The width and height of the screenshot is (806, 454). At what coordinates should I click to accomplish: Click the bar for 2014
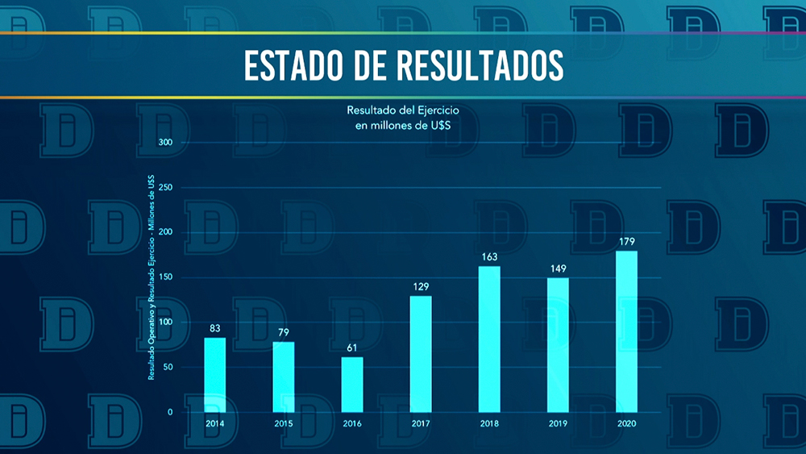point(214,374)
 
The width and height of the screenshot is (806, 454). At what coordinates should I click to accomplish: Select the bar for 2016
point(352,384)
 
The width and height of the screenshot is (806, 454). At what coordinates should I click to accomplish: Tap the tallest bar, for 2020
point(626,331)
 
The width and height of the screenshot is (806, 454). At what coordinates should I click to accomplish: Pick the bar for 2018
point(489,338)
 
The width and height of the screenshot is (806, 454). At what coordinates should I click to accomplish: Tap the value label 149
point(558,269)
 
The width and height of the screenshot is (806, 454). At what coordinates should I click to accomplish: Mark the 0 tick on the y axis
point(170,412)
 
